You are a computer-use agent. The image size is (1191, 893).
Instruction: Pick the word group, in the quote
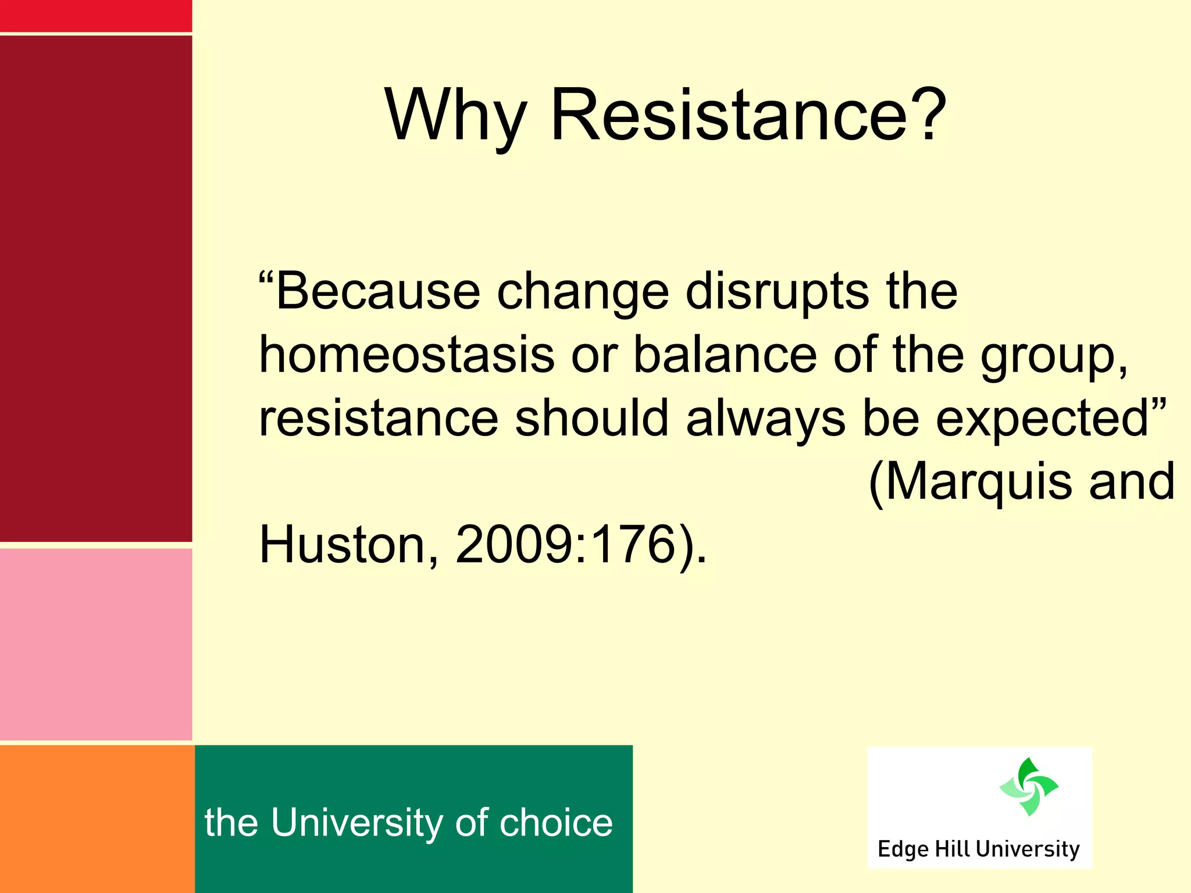coord(1054,356)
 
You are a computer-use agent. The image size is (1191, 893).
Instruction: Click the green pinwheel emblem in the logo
coord(1029,787)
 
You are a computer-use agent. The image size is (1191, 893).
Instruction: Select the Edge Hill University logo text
coord(978,849)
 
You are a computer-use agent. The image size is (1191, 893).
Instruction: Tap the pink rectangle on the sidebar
coord(95,644)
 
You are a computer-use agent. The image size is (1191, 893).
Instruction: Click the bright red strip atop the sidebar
coord(95,16)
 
